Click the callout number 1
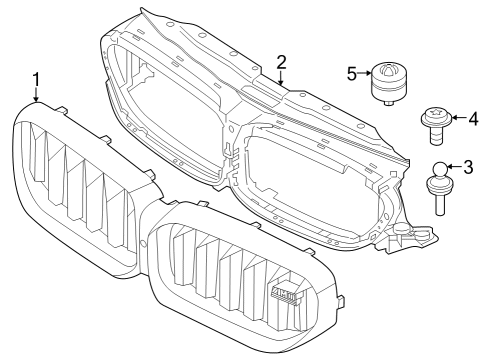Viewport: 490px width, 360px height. (37, 79)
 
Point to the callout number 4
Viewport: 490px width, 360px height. (473, 120)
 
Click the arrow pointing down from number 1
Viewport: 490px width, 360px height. (37, 95)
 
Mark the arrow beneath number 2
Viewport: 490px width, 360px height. (281, 76)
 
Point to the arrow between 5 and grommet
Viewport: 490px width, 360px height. (364, 72)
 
